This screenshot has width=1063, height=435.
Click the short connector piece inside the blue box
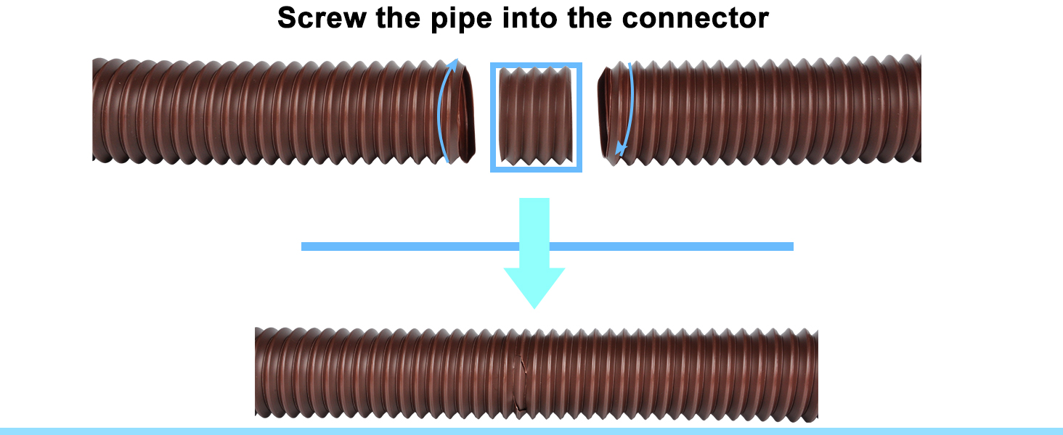coord(536,117)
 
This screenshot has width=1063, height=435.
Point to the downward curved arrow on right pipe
coord(625,109)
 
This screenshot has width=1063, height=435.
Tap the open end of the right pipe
coord(604,112)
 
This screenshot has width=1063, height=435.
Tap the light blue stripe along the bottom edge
coord(531,431)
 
